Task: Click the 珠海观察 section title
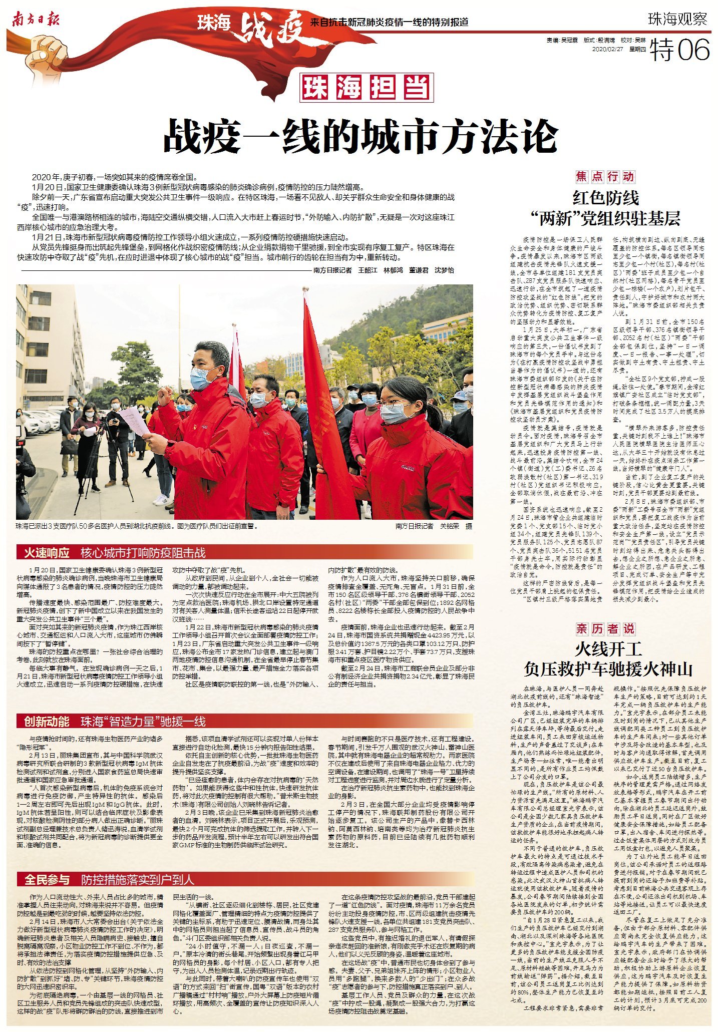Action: (677, 19)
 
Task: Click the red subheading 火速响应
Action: (47, 553)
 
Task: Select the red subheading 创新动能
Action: (47, 722)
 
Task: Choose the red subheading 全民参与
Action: (47, 879)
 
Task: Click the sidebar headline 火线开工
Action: (608, 649)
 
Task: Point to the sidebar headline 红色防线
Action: (606, 199)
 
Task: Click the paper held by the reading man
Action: (134, 421)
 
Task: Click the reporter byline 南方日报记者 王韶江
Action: (345, 270)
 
